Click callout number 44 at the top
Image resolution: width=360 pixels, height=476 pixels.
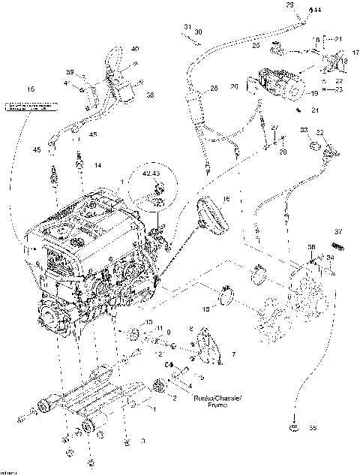[317, 11]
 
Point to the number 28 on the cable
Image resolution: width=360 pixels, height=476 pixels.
[213, 89]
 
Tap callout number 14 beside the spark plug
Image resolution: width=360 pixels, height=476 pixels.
[97, 164]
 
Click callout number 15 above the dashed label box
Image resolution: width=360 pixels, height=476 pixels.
[31, 90]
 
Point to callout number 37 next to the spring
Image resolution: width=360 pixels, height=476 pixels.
[338, 231]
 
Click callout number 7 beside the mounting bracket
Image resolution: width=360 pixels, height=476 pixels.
[233, 353]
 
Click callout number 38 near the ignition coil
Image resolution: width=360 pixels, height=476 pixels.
[149, 95]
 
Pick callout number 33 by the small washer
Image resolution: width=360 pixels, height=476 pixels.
[304, 131]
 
